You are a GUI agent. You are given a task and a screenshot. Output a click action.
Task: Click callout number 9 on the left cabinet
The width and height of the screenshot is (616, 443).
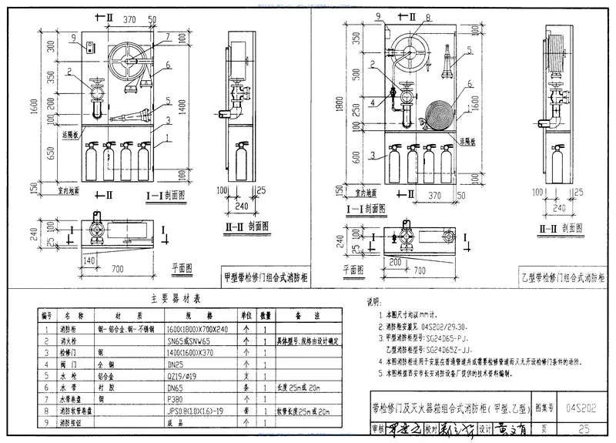click(x=72, y=37)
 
